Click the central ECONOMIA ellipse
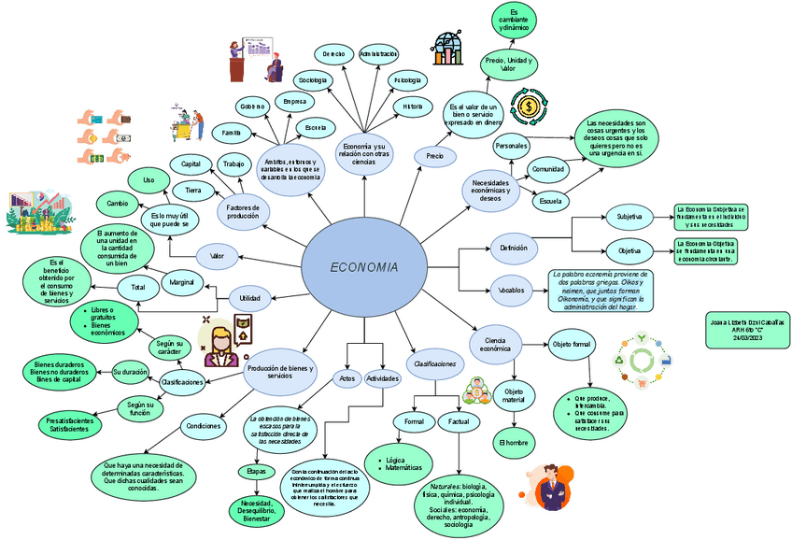click(x=364, y=267)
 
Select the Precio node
click(x=435, y=156)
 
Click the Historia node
click(x=412, y=107)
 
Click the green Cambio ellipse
click(x=118, y=203)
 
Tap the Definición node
click(x=514, y=248)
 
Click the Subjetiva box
click(x=629, y=218)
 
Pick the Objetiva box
click(x=629, y=251)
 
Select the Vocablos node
click(x=512, y=291)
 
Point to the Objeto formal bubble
click(x=571, y=344)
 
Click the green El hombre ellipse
click(x=514, y=442)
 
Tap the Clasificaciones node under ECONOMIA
click(x=435, y=362)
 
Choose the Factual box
click(x=459, y=422)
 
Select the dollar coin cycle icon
click(x=529, y=107)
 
